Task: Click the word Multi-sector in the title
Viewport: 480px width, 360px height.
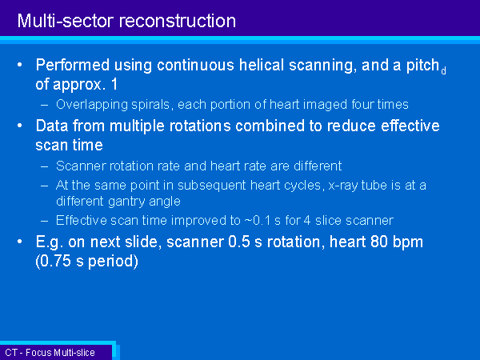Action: tap(66, 21)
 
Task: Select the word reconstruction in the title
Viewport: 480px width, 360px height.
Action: tap(178, 21)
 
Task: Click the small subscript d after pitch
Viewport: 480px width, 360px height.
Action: tap(443, 71)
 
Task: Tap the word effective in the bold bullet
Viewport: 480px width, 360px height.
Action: tap(410, 126)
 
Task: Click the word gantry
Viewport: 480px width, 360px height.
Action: tap(126, 202)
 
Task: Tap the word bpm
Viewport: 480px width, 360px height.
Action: tap(408, 242)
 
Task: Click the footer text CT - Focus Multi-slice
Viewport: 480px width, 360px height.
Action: tap(50, 353)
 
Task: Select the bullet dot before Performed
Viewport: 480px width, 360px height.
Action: tap(20, 65)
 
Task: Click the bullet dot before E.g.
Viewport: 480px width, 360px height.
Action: tap(20, 242)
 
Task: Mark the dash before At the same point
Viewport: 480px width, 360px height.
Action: tap(44, 186)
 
